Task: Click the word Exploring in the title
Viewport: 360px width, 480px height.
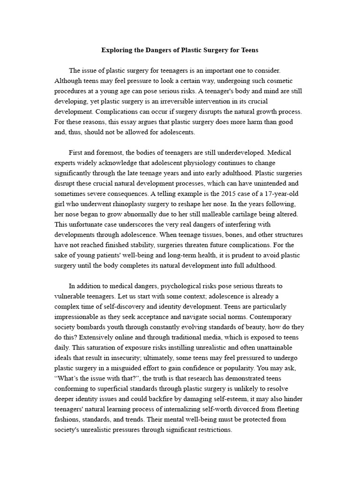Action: pos(118,49)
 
